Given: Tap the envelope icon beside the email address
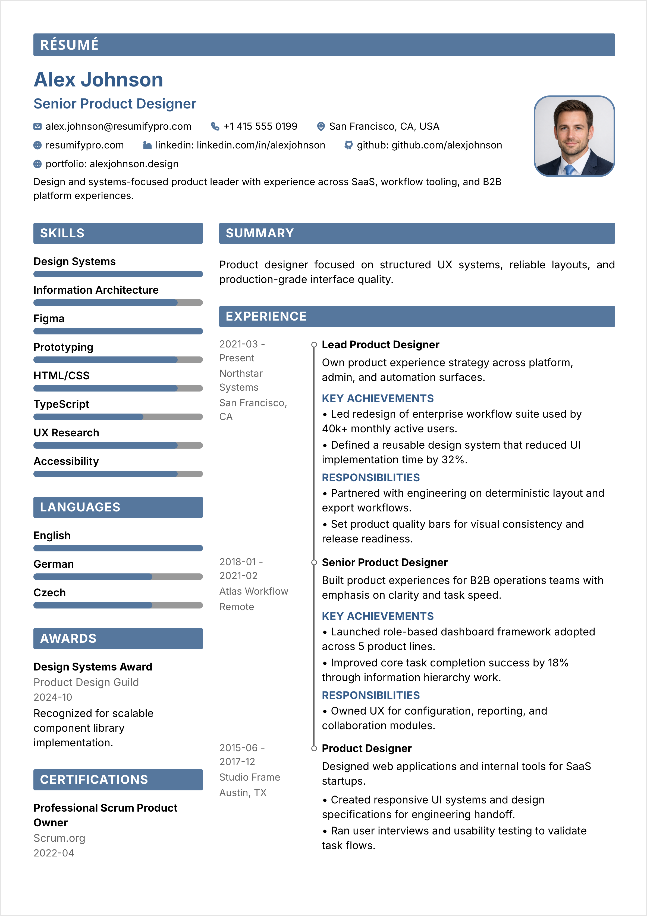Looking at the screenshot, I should [x=37, y=126].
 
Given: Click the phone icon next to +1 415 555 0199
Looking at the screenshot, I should [x=215, y=126].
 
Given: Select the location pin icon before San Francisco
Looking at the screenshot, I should [x=321, y=126].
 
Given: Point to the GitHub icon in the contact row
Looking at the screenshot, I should [x=348, y=145].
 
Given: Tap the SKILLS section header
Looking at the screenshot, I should [x=62, y=233].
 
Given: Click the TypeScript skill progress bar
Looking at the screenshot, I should [x=118, y=417].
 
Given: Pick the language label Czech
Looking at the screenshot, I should [x=50, y=593].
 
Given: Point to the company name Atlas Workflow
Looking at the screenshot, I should [x=253, y=591].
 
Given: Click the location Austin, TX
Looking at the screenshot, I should [x=243, y=793].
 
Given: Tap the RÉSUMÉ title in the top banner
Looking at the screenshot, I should [x=69, y=45].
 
